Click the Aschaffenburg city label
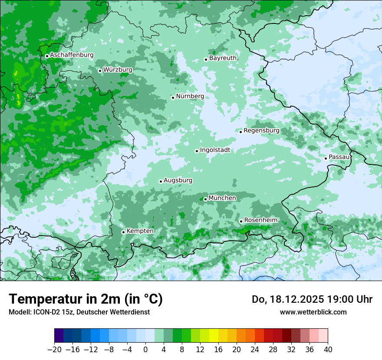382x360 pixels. pyautogui.click(x=72, y=55)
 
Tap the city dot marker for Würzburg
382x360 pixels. pyautogui.click(x=100, y=71)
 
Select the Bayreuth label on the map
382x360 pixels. pyautogui.click(x=223, y=58)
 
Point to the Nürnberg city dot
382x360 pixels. pyautogui.click(x=173, y=98)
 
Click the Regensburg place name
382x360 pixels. pyautogui.click(x=261, y=130)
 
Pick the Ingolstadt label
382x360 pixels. pyautogui.click(x=215, y=150)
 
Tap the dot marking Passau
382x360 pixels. pyautogui.click(x=326, y=158)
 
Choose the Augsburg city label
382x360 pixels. pyautogui.click(x=178, y=180)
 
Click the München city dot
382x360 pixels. pyautogui.click(x=205, y=199)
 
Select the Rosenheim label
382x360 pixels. pyautogui.click(x=260, y=220)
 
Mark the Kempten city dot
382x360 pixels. pyautogui.click(x=123, y=232)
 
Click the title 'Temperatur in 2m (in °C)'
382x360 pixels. pyautogui.click(x=86, y=299)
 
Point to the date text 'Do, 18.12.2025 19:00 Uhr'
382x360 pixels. pyautogui.click(x=312, y=299)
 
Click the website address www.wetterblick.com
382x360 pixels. pyautogui.click(x=313, y=312)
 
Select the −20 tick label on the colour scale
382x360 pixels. pyautogui.click(x=54, y=349)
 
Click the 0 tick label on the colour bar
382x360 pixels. pyautogui.click(x=145, y=349)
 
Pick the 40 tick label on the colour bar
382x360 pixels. pyautogui.click(x=328, y=349)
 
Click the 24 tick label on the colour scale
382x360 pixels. pyautogui.click(x=255, y=349)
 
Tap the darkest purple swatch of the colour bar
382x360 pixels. pyautogui.click(x=59, y=336)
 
